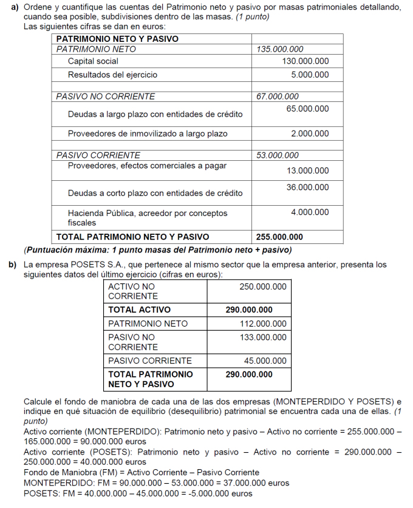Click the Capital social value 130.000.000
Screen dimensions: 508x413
[305, 61]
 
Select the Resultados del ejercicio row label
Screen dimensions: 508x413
[112, 75]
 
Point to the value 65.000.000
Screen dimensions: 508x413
[307, 109]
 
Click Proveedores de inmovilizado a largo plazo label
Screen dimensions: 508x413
[148, 134]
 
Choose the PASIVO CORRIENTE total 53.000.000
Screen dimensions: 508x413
[278, 155]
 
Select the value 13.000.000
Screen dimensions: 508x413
[307, 171]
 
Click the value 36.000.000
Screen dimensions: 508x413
[307, 188]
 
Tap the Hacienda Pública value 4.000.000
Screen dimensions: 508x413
[310, 212]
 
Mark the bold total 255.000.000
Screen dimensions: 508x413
[279, 237]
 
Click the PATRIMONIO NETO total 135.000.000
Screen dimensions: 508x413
[280, 49]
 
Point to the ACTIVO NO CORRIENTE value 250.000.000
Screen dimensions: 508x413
[263, 286]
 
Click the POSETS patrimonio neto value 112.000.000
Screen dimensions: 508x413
[263, 323]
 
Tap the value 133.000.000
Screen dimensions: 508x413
[263, 337]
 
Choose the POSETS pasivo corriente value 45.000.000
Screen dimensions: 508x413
[265, 361]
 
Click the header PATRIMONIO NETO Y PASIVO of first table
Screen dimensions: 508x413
[117, 39]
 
